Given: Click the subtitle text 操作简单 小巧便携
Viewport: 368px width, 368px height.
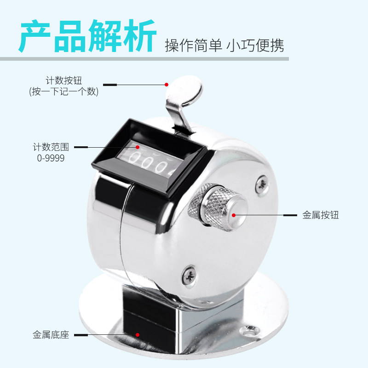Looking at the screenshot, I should [x=224, y=46].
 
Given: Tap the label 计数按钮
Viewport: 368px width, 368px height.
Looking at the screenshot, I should [x=63, y=80].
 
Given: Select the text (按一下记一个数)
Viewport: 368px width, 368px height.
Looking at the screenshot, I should [x=63, y=92].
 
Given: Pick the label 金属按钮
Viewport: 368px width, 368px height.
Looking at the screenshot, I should [x=321, y=215].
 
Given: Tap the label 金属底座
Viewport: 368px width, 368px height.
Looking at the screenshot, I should [x=51, y=335].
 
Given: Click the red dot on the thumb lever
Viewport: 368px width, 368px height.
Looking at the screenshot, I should [x=167, y=85].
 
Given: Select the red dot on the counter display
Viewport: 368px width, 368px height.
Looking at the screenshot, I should [x=137, y=147].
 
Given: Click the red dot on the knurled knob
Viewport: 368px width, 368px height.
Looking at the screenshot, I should [x=234, y=215].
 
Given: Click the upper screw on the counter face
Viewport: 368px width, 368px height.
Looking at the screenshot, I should [x=261, y=183].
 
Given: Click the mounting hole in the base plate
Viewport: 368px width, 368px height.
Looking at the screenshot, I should [x=251, y=330].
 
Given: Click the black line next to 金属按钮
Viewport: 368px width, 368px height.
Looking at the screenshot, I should [x=290, y=215].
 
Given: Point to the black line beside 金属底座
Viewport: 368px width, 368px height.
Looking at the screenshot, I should [x=80, y=335].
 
